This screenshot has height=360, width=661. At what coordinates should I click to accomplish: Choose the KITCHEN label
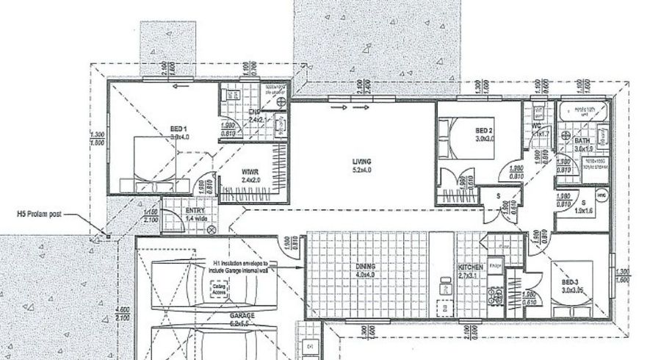click(469, 268)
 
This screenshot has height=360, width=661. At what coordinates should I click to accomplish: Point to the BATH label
click(582, 140)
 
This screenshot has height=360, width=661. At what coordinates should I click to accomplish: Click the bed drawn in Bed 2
click(455, 137)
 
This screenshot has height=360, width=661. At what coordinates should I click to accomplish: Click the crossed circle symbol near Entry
click(213, 229)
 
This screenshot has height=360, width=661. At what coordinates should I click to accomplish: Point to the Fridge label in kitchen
click(495, 266)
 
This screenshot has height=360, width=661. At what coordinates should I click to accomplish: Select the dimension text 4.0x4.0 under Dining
click(344, 276)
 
